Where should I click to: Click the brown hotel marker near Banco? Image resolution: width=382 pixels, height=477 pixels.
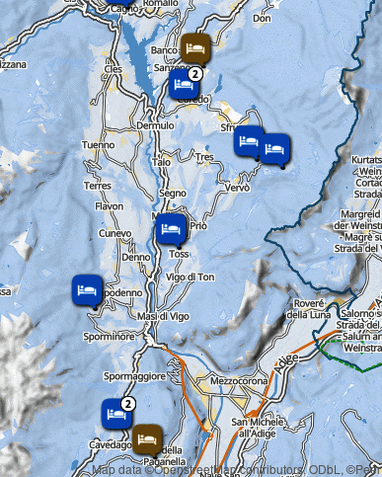pyautogui.click(x=194, y=46)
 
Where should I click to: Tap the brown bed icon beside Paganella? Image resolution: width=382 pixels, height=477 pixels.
pyautogui.click(x=148, y=437)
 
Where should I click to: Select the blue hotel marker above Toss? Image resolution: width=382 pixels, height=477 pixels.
pyautogui.click(x=170, y=230)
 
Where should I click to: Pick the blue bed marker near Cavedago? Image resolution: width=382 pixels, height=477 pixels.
pyautogui.click(x=115, y=413)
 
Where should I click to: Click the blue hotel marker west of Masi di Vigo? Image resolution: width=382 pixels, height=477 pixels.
pyautogui.click(x=87, y=290)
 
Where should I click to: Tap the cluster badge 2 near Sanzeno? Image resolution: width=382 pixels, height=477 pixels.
pyautogui.click(x=195, y=72)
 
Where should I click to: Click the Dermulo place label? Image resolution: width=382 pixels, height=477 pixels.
pyautogui.click(x=155, y=126)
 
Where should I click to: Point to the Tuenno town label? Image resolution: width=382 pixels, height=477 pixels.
pyautogui.click(x=98, y=145)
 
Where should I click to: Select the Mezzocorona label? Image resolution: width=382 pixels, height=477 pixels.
pyautogui.click(x=233, y=378)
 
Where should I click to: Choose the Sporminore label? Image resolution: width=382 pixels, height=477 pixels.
pyautogui.click(x=109, y=337)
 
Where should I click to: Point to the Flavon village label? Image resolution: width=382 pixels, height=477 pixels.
pyautogui.click(x=110, y=206)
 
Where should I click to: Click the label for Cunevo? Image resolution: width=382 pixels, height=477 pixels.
pyautogui.click(x=115, y=233)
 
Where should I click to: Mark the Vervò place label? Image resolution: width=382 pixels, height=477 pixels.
pyautogui.click(x=238, y=188)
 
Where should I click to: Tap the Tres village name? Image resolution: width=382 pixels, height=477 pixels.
pyautogui.click(x=204, y=157)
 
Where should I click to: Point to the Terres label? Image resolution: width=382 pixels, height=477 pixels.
pyautogui.click(x=98, y=186)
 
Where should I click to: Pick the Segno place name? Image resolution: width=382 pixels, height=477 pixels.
pyautogui.click(x=173, y=194)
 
